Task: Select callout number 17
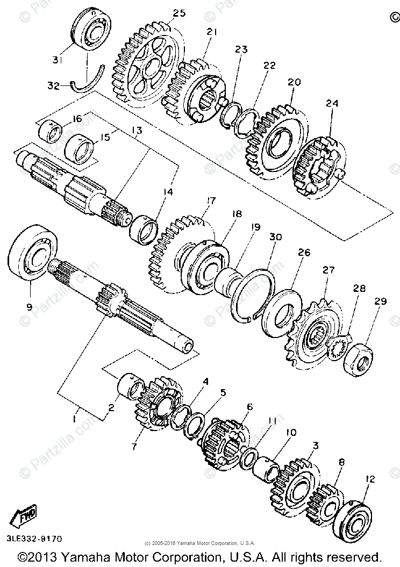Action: [x=209, y=201]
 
